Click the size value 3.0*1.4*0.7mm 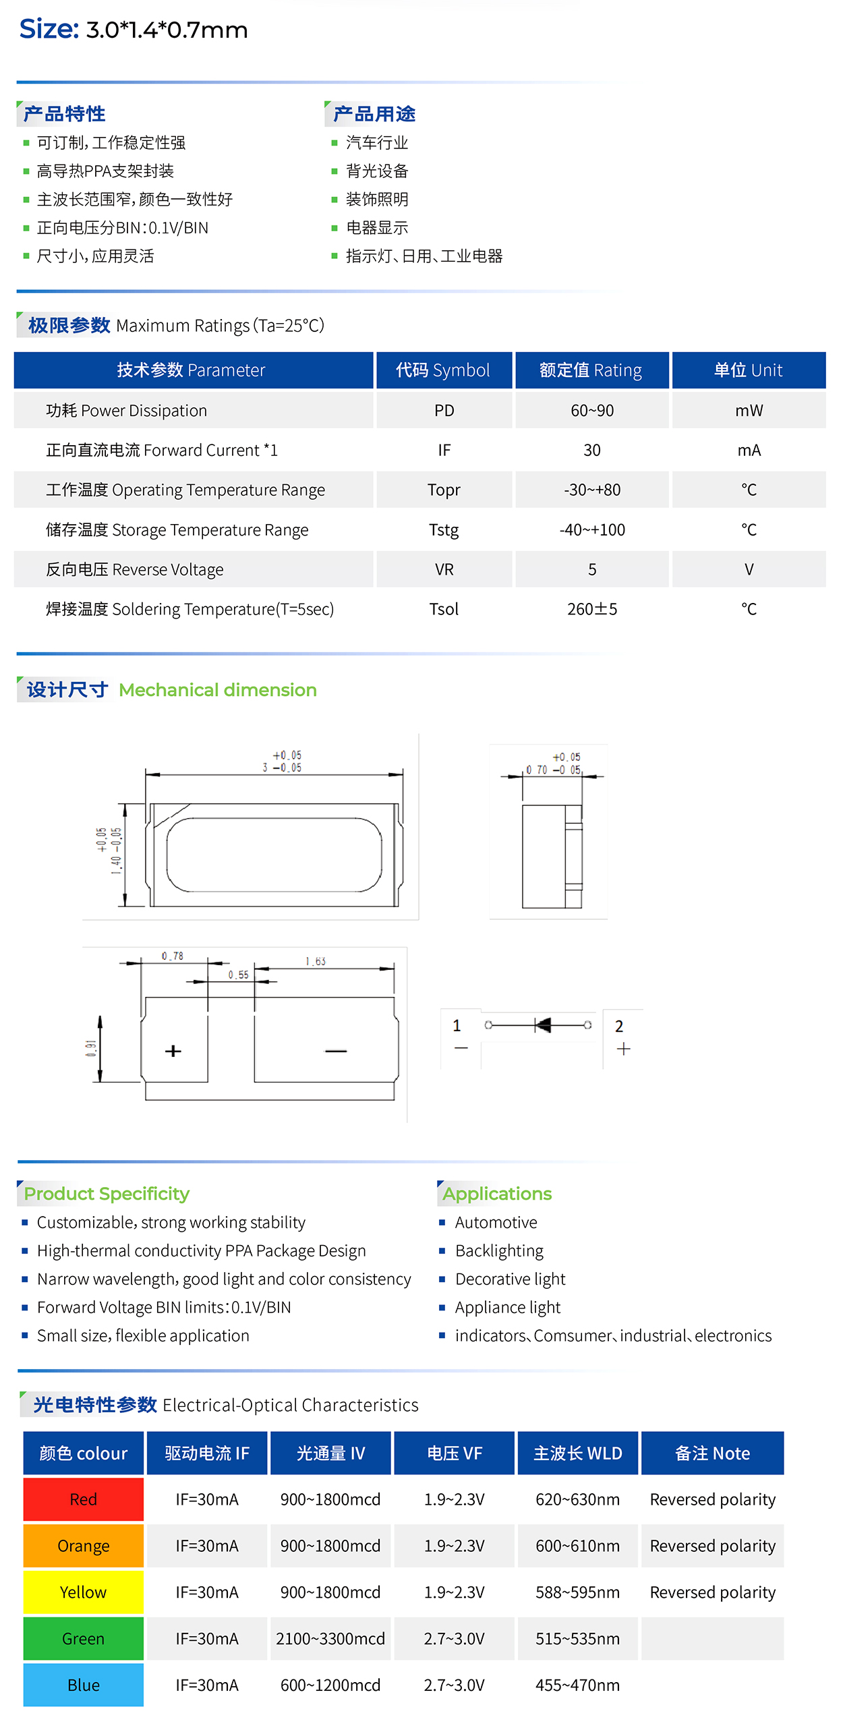point(167,30)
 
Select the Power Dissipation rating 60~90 point(592,411)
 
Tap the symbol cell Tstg point(444,530)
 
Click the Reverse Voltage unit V point(749,570)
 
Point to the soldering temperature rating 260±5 point(592,609)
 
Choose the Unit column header point(749,370)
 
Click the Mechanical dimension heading point(218,690)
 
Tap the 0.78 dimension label point(173,956)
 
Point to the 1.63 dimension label point(316,961)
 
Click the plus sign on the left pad point(173,1051)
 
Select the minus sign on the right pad point(336,1051)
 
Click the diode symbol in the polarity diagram point(542,1025)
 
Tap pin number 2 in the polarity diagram point(619,1027)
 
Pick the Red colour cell point(84,1499)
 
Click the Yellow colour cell point(84,1592)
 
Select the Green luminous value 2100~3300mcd point(330,1639)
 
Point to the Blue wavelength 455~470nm point(577,1685)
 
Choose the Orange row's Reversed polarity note point(713,1546)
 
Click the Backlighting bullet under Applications point(499,1251)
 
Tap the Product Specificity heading point(107,1194)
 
